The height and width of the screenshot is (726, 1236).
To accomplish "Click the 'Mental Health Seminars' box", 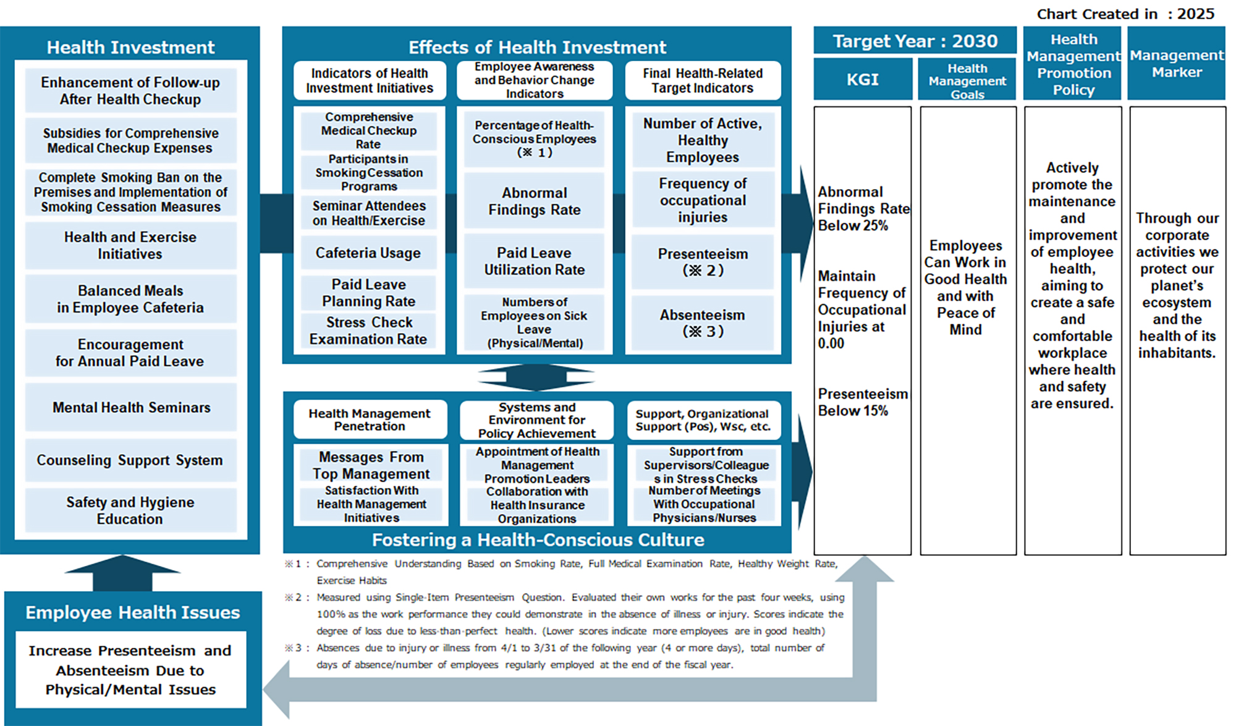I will tap(131, 408).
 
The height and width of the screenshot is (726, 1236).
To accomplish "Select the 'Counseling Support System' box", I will tap(131, 460).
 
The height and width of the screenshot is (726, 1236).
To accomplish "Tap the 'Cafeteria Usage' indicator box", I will tap(368, 253).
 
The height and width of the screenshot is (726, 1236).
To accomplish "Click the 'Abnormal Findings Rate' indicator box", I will tap(535, 201).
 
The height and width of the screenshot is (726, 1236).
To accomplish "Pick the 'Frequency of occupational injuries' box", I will tap(703, 200).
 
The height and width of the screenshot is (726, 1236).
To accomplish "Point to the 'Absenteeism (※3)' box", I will tap(703, 323).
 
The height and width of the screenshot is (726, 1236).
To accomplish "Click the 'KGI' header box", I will tap(862, 80).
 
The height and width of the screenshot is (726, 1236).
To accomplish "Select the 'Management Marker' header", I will tap(1176, 64).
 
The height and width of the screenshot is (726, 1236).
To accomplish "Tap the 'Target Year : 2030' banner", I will tap(915, 41).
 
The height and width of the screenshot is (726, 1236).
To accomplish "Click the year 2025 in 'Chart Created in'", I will tap(1196, 14).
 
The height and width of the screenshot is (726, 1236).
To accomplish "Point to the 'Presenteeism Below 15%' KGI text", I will tap(862, 402).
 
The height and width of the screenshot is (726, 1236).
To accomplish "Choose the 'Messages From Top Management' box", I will tap(371, 465).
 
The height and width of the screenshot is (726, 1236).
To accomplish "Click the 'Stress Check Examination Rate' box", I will tap(368, 331).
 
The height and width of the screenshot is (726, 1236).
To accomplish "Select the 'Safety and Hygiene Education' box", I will tap(130, 510).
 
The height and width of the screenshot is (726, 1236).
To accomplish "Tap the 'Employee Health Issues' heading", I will tap(132, 612).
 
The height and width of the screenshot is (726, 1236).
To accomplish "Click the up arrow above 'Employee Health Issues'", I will tap(122, 572).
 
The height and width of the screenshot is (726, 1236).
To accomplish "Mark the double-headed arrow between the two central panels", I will tap(536, 376).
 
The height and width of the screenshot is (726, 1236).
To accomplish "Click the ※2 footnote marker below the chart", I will tap(292, 597).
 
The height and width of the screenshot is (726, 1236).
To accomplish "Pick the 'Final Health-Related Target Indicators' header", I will tap(703, 80).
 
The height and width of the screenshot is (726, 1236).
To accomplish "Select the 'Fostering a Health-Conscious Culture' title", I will tap(538, 540).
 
